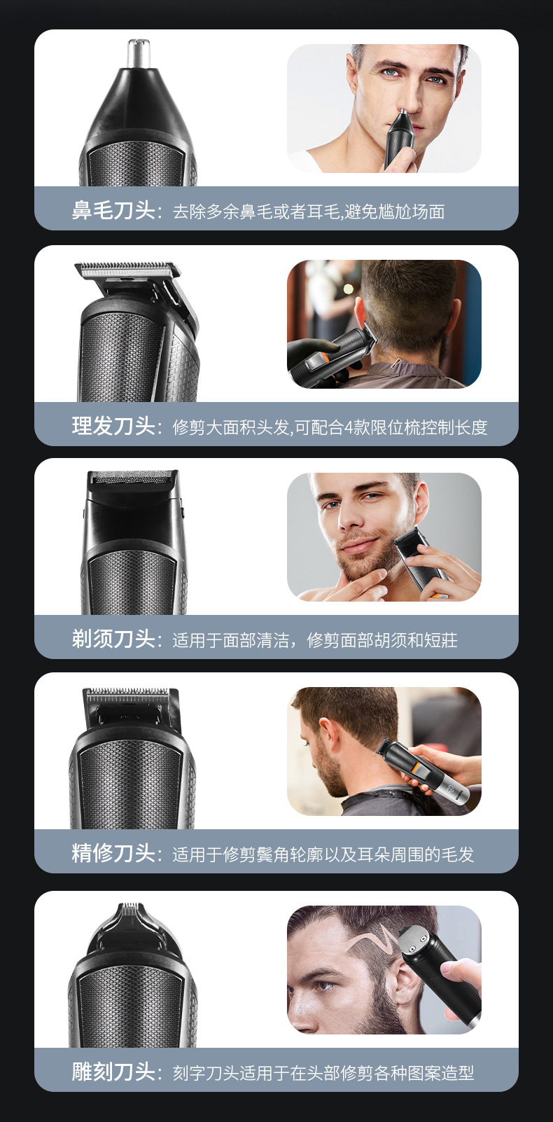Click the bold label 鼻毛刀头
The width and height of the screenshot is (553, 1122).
(113, 210)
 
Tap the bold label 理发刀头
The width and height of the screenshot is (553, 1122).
(113, 426)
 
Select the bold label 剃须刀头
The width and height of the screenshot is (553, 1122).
(113, 639)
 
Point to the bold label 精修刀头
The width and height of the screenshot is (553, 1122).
(113, 853)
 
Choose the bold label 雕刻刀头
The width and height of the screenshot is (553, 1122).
(113, 1072)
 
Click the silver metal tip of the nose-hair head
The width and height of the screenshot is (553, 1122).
(139, 53)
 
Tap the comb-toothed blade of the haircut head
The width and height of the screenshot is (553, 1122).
(127, 270)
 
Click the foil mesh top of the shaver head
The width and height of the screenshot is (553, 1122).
(132, 478)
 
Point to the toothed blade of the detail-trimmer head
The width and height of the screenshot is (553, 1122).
(128, 695)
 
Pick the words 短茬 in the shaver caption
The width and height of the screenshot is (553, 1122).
(440, 640)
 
